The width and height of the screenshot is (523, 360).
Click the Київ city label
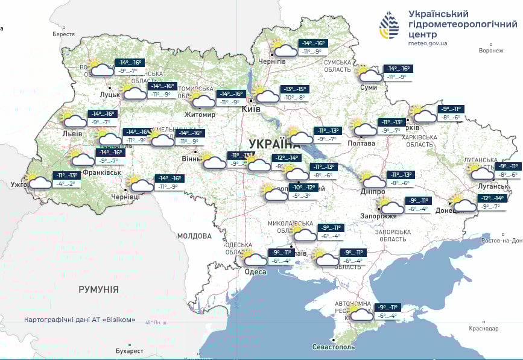pos(250,109)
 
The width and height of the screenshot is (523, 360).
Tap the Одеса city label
pos(255,272)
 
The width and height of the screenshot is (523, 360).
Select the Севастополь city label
pos(334,347)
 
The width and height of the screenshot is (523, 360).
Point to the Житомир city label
pos(200,115)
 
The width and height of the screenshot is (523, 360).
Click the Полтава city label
pos(361,144)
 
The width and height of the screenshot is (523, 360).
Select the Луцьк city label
pos(110,95)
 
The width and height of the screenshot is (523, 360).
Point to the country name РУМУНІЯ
pos(98,289)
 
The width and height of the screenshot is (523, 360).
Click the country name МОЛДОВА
pos(194,236)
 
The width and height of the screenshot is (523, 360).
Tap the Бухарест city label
pos(130,351)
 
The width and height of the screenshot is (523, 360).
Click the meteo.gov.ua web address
pos(428,43)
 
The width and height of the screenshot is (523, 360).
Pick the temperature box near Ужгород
pos(68,179)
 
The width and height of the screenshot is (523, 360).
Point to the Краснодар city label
pos(483,329)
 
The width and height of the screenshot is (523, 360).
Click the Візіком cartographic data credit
pos(80,320)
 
